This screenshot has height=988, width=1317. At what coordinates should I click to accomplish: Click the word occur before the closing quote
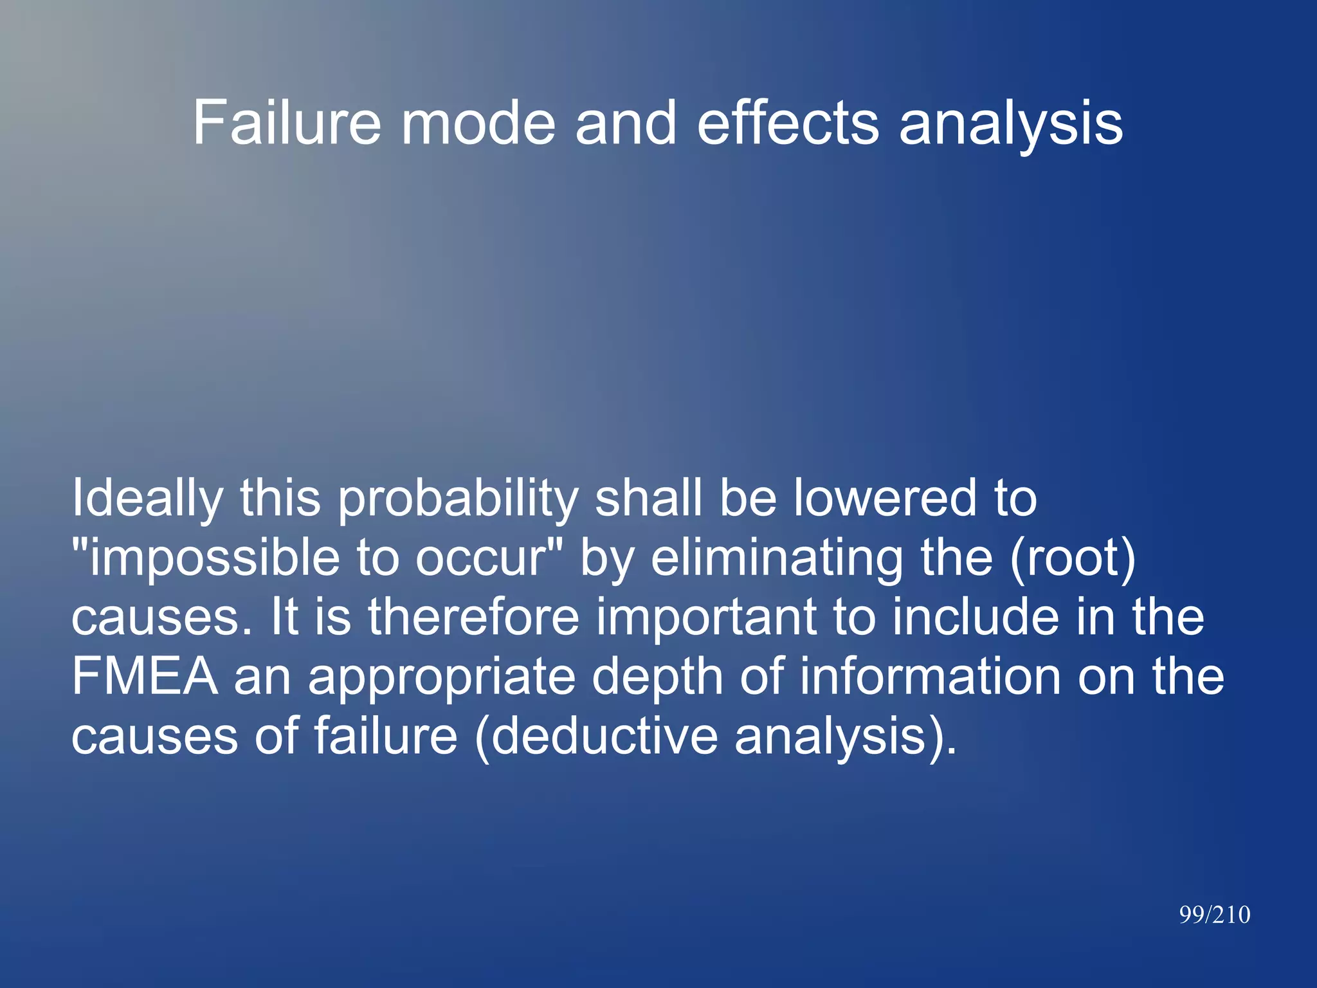click(x=482, y=558)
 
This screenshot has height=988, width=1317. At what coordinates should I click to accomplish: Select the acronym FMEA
click(x=145, y=677)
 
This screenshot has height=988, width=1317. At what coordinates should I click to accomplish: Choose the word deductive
click(x=605, y=736)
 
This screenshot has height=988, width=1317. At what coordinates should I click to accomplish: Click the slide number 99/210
click(x=1214, y=915)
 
